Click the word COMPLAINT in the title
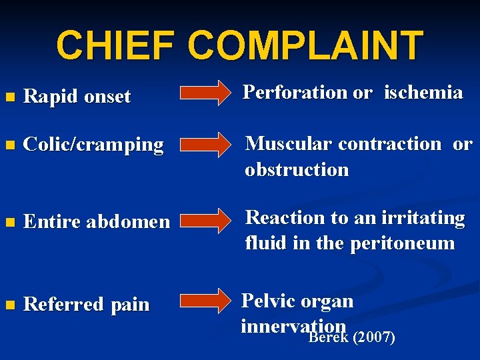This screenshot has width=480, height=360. point(305,45)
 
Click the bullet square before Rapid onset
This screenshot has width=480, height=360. point(9,97)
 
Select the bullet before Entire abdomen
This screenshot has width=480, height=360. point(9,222)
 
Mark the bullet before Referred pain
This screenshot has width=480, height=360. point(9,305)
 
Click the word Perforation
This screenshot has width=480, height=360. point(295,93)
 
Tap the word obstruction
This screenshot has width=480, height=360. point(297,169)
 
